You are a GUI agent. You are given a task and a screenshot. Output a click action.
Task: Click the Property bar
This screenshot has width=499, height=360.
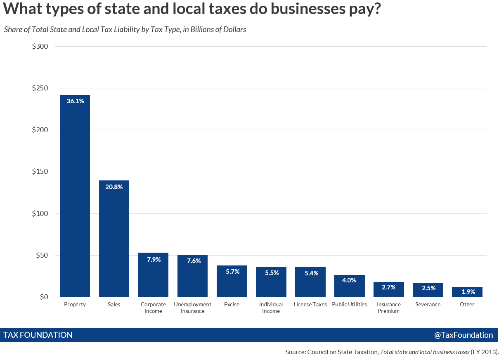tap(75, 196)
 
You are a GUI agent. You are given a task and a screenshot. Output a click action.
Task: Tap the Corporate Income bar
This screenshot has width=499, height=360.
tap(153, 275)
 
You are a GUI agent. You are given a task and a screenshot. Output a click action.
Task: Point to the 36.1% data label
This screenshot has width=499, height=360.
tap(75, 101)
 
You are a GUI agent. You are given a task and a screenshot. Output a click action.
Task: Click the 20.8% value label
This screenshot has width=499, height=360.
tap(114, 187)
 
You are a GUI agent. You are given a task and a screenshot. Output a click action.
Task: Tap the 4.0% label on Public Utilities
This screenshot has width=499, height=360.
tap(349, 280)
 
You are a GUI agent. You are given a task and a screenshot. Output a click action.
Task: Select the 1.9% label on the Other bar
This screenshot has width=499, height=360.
tap(467, 292)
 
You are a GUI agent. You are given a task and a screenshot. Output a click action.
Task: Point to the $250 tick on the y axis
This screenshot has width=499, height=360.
tap(40, 88)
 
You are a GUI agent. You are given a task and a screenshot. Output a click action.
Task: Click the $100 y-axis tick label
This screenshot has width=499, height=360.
tap(40, 213)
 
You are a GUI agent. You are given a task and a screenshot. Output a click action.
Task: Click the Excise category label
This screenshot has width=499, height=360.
tap(232, 305)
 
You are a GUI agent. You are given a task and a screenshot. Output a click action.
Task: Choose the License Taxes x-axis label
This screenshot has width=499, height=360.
tap(310, 305)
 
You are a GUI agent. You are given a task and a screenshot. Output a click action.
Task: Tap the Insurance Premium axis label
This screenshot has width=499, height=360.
tap(388, 308)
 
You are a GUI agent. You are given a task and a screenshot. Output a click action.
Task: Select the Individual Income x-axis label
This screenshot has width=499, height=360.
tap(271, 308)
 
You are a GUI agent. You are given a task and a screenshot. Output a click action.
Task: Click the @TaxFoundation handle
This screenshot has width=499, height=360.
tap(463, 335)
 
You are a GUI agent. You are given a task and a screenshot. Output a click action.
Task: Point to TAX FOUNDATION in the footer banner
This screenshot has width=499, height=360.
tap(38, 335)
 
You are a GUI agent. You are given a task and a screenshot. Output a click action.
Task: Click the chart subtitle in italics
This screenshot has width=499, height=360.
tap(125, 30)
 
